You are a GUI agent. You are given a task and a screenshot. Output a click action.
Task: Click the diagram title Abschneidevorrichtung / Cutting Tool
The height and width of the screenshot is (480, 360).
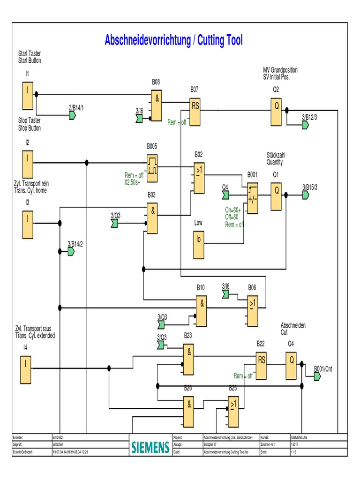pyautogui.click(x=174, y=40)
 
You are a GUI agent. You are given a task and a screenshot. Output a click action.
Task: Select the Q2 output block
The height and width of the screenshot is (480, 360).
pyautogui.click(x=277, y=112)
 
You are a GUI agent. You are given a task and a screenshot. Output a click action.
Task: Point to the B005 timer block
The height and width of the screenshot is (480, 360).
pyautogui.click(x=152, y=168)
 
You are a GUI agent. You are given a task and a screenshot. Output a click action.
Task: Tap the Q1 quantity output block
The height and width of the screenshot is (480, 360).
pyautogui.click(x=277, y=196)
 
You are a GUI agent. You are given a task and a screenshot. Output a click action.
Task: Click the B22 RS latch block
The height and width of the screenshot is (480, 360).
pyautogui.click(x=262, y=365)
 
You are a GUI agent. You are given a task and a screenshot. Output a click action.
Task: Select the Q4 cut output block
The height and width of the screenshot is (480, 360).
pyautogui.click(x=292, y=365)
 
